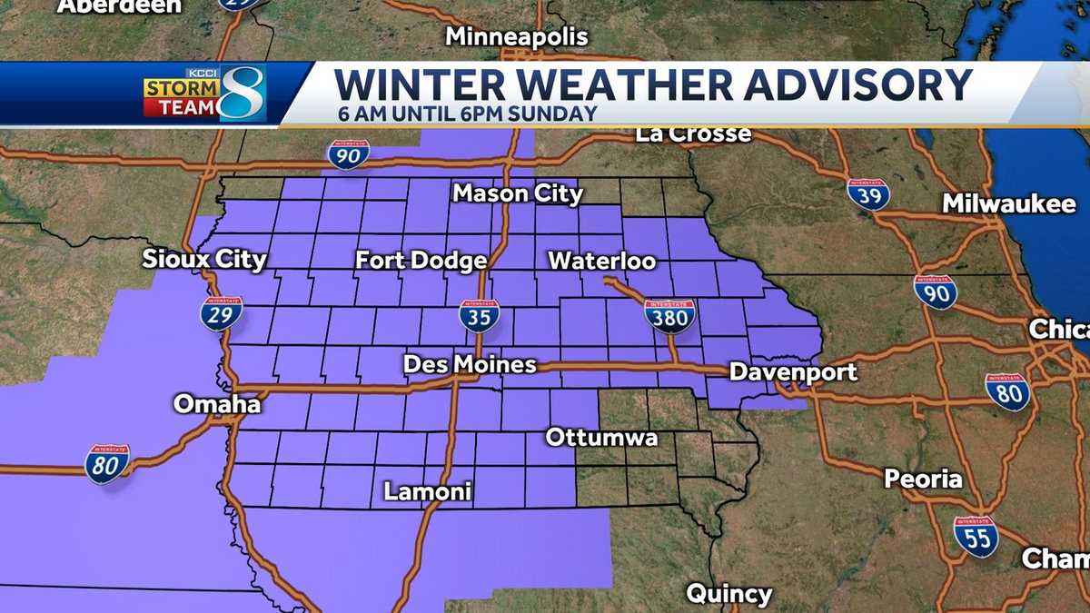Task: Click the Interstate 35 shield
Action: [479, 315]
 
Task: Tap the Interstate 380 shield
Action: [670, 314]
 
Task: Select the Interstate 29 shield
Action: [222, 313]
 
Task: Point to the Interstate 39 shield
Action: [867, 194]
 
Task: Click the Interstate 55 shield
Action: [976, 535]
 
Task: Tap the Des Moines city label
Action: [470, 365]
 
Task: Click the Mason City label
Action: [518, 193]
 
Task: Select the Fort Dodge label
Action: [421, 262]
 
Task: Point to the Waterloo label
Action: [601, 262]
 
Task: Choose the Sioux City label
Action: [204, 260]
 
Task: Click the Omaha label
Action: [217, 404]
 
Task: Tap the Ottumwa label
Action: [601, 438]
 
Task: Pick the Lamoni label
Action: [428, 492]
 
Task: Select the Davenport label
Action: [793, 372]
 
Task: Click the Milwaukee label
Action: [1008, 204]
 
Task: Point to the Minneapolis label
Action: [517, 37]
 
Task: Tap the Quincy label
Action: [728, 595]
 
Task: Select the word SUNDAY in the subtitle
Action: [560, 114]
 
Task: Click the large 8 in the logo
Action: [242, 94]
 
